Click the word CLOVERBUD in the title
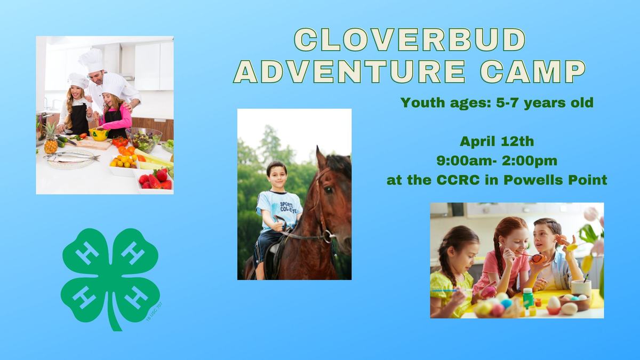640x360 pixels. tap(410, 41)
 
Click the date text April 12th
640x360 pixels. tap(497, 142)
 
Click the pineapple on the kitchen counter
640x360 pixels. tap(51, 140)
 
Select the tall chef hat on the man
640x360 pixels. tap(92, 60)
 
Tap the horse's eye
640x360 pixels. tap(329, 189)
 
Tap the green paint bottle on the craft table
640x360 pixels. tap(527, 298)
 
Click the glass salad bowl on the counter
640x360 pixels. tap(143, 140)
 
